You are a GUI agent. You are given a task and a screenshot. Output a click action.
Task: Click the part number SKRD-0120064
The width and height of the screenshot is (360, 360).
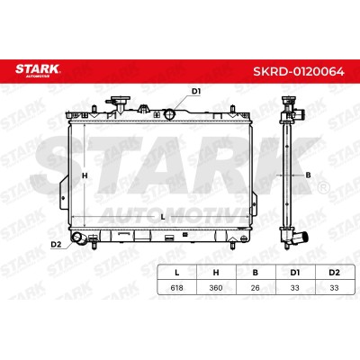(299, 71)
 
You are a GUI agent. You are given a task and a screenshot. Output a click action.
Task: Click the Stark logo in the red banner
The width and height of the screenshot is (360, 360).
(38, 70)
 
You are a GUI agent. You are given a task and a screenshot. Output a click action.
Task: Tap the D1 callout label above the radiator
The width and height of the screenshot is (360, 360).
(196, 92)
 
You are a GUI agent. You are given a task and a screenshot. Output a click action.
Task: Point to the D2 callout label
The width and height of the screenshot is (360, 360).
(56, 245)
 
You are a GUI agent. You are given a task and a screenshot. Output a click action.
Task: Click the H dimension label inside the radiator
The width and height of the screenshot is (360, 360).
(85, 175)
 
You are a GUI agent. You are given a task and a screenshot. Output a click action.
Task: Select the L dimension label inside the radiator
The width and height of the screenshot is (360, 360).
(163, 217)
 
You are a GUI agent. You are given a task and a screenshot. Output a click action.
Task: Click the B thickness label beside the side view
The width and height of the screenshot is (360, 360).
(308, 175)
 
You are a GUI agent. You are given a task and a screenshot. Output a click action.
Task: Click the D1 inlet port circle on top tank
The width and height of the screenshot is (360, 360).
(170, 114)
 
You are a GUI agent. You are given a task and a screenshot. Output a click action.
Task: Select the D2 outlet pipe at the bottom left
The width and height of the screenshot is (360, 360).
(79, 238)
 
